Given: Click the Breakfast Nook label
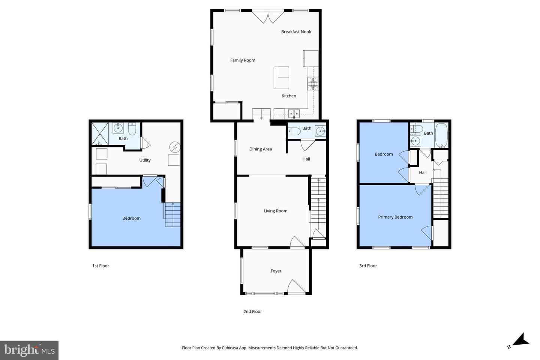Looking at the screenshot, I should [x=296, y=32].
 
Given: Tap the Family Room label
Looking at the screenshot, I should [x=243, y=60].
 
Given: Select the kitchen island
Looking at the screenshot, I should [x=281, y=77].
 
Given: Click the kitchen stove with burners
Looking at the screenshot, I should [x=313, y=84].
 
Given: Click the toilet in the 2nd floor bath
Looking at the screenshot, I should [x=294, y=131].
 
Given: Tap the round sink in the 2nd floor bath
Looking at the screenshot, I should [x=320, y=131].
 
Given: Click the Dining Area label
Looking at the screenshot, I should [x=260, y=149].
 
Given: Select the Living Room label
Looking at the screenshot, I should [x=275, y=211].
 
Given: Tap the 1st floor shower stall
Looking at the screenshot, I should [x=100, y=134].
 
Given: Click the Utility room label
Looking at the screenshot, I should [x=145, y=160].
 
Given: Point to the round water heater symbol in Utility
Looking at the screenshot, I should [x=174, y=146].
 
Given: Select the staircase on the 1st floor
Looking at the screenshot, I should [x=172, y=214].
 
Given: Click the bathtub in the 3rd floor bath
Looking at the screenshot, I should [x=441, y=135].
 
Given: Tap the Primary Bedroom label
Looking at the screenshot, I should [x=395, y=217].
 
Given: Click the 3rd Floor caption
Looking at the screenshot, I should [x=368, y=266].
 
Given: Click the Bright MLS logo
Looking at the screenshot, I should [x=29, y=350].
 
